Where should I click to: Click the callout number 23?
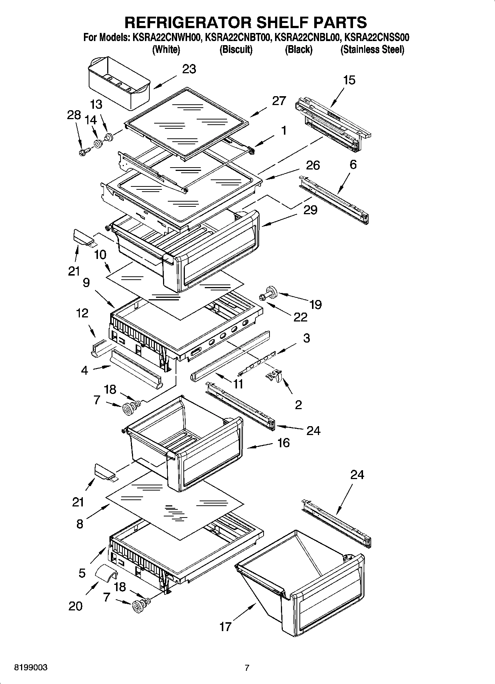point(189,69)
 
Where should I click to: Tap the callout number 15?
point(349,80)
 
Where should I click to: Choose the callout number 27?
point(279,101)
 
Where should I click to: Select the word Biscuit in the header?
point(236,50)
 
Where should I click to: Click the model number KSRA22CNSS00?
point(376,37)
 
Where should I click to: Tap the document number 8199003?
point(30,668)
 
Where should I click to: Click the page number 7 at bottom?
point(247,668)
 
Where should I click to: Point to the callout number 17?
point(226,627)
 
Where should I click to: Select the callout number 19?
point(315,304)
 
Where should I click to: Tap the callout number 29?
point(310,210)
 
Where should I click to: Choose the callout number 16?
point(283,442)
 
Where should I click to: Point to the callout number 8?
point(80,524)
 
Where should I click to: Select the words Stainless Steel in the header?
point(372,50)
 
